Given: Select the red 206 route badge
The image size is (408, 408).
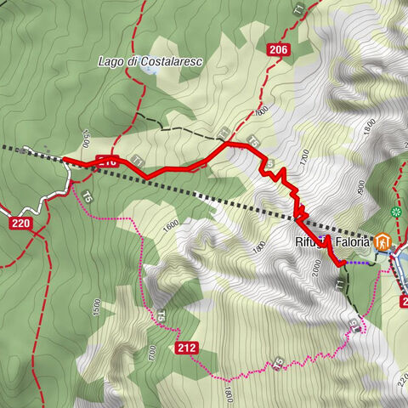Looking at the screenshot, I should (277, 50).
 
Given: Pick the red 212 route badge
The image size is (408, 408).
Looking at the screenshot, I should (188, 348).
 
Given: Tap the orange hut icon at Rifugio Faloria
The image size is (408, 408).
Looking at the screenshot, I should (382, 242).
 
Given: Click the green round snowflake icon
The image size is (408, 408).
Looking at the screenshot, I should (396, 210).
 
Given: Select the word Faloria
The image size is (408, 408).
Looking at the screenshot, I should (353, 243).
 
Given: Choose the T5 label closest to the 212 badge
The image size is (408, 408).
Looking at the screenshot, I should (160, 315).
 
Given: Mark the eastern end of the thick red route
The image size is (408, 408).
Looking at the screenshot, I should (342, 264).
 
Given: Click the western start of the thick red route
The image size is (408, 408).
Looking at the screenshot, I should (65, 159).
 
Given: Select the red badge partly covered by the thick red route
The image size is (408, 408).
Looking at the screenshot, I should (106, 160).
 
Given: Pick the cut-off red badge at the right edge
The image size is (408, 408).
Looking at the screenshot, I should (404, 300).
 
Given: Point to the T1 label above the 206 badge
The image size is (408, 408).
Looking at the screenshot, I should (297, 10).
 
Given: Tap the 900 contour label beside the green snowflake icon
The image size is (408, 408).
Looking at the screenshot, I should (364, 187).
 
